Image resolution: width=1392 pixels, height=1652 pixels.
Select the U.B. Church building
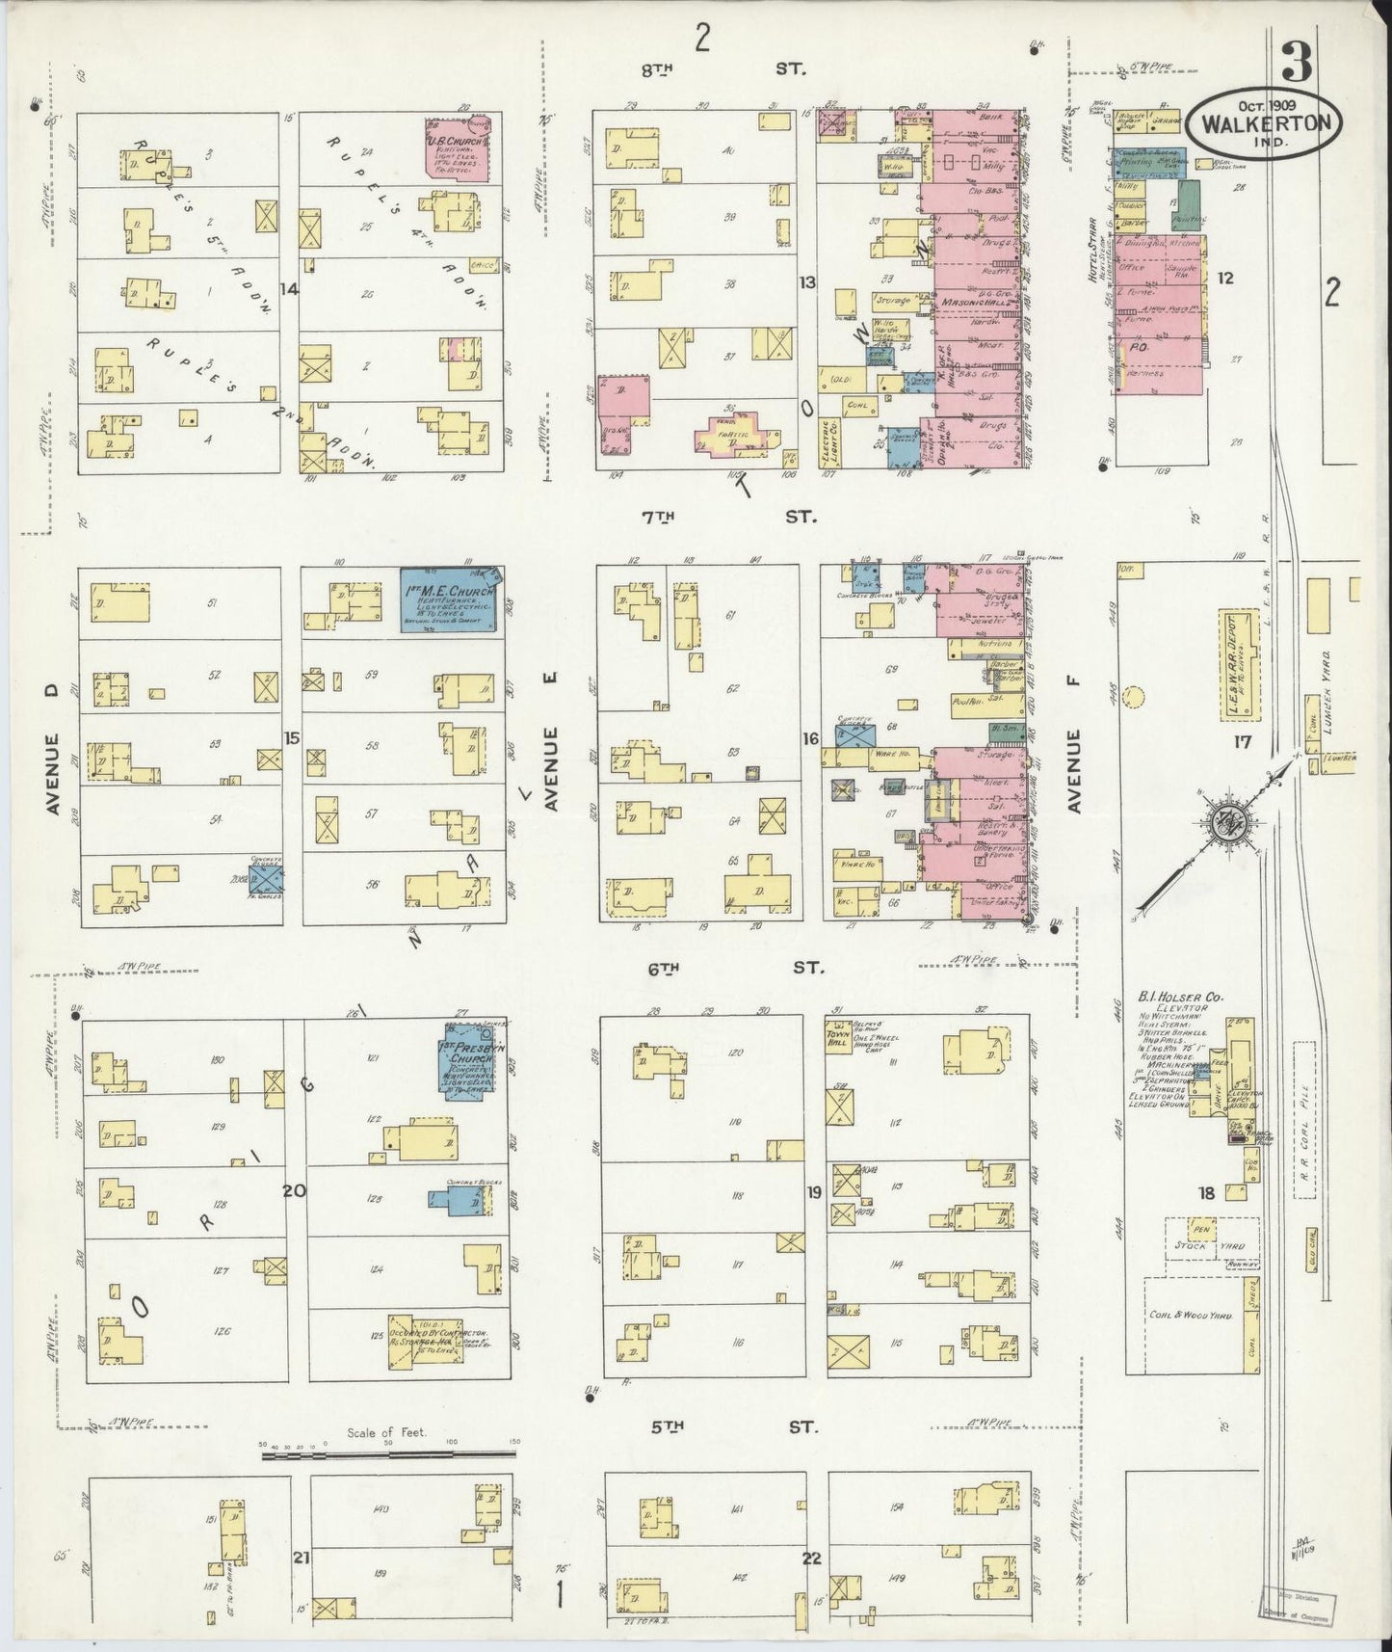(x=459, y=149)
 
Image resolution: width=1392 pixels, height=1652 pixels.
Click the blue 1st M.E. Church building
(x=449, y=600)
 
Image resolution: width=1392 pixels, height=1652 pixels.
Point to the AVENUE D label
(x=53, y=748)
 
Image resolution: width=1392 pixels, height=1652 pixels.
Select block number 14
(x=289, y=289)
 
